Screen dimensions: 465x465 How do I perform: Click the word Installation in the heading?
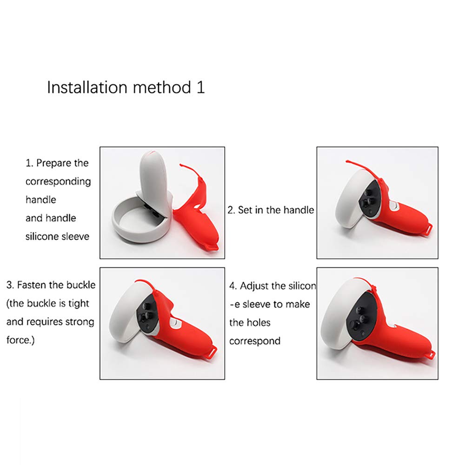[x=87, y=87]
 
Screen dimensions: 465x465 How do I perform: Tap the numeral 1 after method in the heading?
[x=201, y=87]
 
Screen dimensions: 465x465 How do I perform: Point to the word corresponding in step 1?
[x=58, y=181]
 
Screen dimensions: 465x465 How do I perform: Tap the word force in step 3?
[x=19, y=340]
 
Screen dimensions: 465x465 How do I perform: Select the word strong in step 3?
[x=80, y=322]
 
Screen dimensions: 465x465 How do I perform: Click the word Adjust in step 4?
[x=254, y=286]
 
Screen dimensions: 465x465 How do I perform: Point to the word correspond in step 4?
[x=255, y=341]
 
